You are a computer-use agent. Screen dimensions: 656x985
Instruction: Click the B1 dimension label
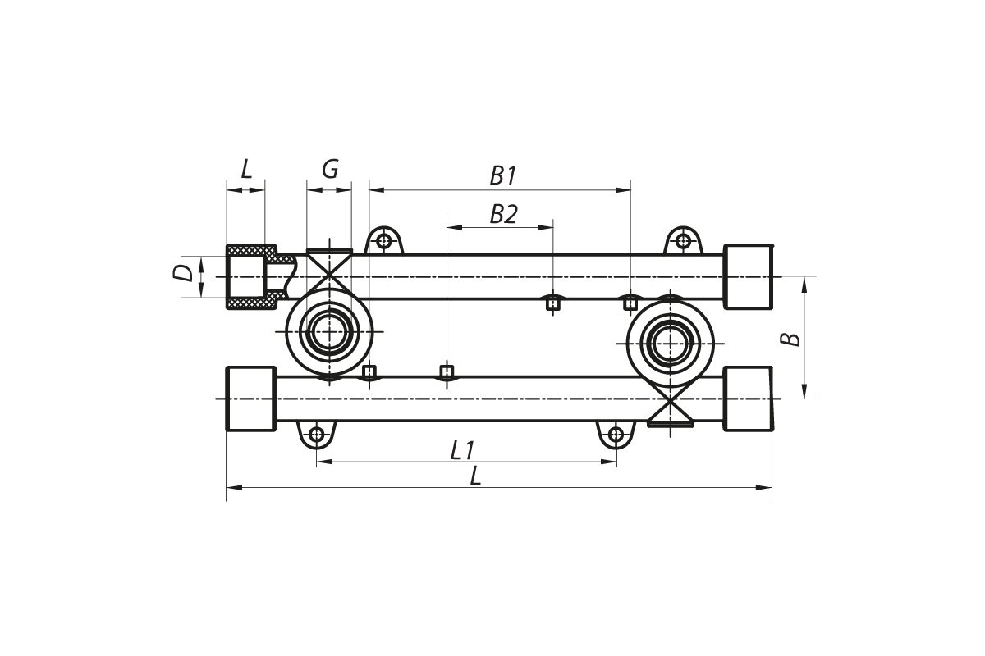point(502,175)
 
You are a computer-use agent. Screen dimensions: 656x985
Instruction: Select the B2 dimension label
point(503,215)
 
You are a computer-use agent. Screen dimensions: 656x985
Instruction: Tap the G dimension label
point(329,170)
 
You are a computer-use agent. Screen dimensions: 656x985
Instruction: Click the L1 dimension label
point(463,449)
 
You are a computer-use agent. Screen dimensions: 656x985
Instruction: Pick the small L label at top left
point(246,170)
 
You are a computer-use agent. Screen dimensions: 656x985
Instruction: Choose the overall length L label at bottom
point(475,476)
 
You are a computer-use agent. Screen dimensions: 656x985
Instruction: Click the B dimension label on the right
point(790,338)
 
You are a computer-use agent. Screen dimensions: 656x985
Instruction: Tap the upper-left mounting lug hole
point(383,241)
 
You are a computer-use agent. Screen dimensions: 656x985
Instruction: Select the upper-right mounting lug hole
point(683,241)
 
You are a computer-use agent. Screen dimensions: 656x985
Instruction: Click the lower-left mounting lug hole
point(317,434)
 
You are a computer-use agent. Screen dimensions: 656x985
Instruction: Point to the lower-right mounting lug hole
point(616,434)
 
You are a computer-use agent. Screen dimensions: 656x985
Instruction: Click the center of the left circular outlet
point(329,331)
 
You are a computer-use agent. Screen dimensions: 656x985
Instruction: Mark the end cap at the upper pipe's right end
point(748,276)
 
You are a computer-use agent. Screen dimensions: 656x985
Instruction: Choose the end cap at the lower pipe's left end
point(250,399)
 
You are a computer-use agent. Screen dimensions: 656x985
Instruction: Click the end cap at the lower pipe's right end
point(748,399)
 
